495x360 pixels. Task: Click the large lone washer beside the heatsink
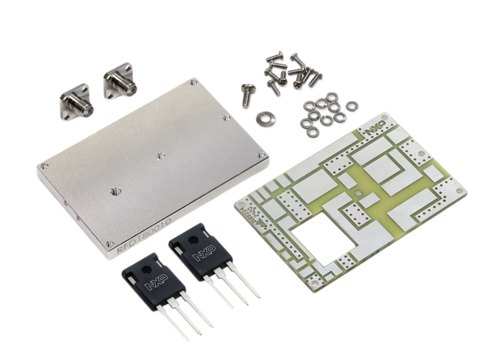coord(264,118)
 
